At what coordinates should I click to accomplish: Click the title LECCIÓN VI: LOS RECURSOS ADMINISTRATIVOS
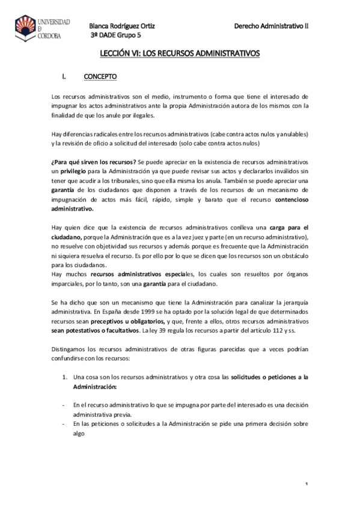(180, 54)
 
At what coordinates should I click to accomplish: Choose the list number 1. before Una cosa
(64, 377)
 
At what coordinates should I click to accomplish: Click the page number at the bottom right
(307, 485)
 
